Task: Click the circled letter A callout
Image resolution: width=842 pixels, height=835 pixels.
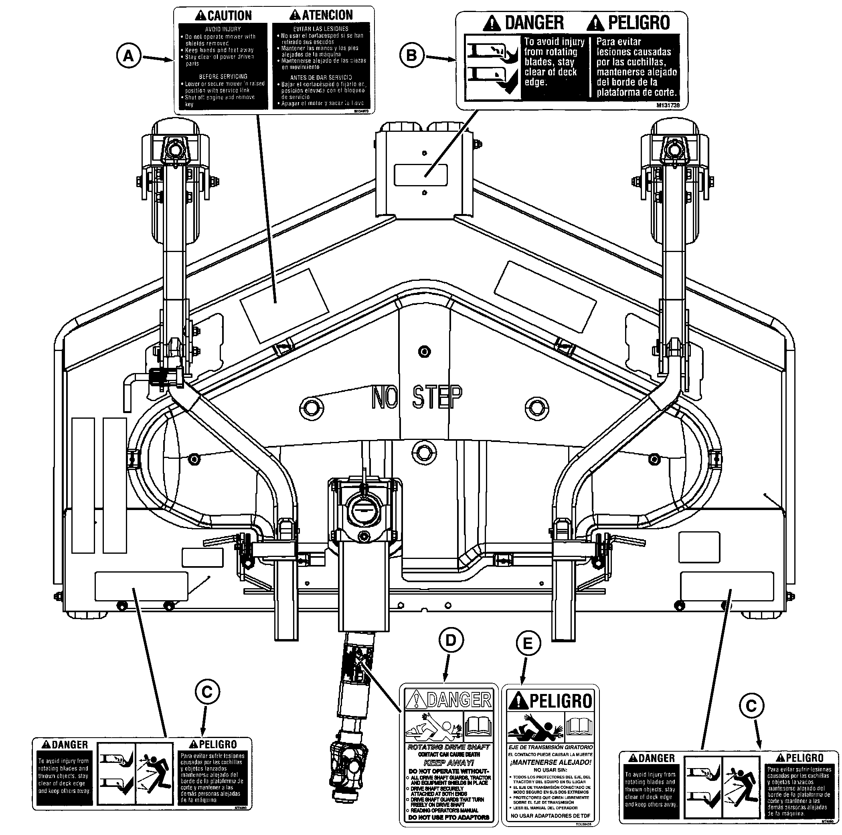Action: [128, 56]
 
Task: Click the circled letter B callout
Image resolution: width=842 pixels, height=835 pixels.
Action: [411, 55]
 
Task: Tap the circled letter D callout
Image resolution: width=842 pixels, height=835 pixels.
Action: [451, 640]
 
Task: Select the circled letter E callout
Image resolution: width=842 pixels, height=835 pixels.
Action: [528, 643]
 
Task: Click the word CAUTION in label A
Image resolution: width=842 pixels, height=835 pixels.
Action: [229, 16]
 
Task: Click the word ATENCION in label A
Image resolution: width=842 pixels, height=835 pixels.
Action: [327, 15]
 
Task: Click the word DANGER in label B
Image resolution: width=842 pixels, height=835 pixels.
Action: [534, 23]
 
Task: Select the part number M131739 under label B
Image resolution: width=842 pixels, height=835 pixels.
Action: [668, 105]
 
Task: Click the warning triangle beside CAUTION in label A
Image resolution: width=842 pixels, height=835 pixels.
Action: [200, 16]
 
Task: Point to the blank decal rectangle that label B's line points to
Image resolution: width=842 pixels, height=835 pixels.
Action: [421, 175]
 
